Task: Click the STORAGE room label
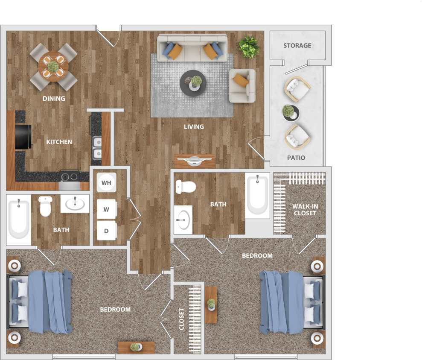[297, 45]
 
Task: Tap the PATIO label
[296, 158]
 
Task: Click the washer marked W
[106, 209]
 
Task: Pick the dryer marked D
[106, 231]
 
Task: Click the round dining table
[53, 67]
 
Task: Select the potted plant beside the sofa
[249, 46]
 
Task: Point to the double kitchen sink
[97, 146]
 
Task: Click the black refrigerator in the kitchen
[23, 137]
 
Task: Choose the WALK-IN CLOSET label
[305, 210]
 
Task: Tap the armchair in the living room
[242, 85]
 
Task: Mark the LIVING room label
[193, 127]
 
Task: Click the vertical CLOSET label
[181, 319]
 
